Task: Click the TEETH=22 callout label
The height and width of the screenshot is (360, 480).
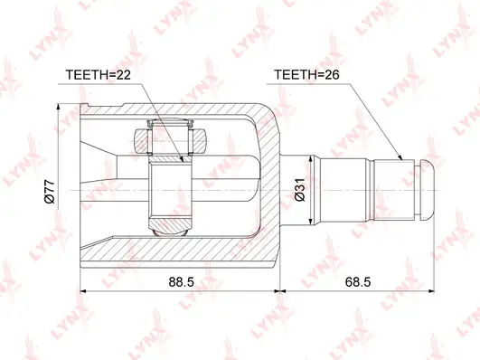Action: point(98,74)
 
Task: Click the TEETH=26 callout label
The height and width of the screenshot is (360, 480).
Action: point(306,74)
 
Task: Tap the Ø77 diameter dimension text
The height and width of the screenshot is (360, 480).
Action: point(50,192)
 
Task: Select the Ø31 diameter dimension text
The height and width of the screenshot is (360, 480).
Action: point(300,190)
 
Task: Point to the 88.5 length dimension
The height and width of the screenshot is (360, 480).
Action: point(181,281)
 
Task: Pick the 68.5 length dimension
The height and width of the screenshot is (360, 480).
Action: point(358,281)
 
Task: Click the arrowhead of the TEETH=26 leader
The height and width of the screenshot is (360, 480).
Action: point(400,157)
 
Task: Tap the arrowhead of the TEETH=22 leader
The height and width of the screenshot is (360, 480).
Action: point(181,158)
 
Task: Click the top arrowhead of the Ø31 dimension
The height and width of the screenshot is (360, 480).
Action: point(311,159)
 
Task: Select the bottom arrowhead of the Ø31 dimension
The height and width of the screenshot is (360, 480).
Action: point(311,223)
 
